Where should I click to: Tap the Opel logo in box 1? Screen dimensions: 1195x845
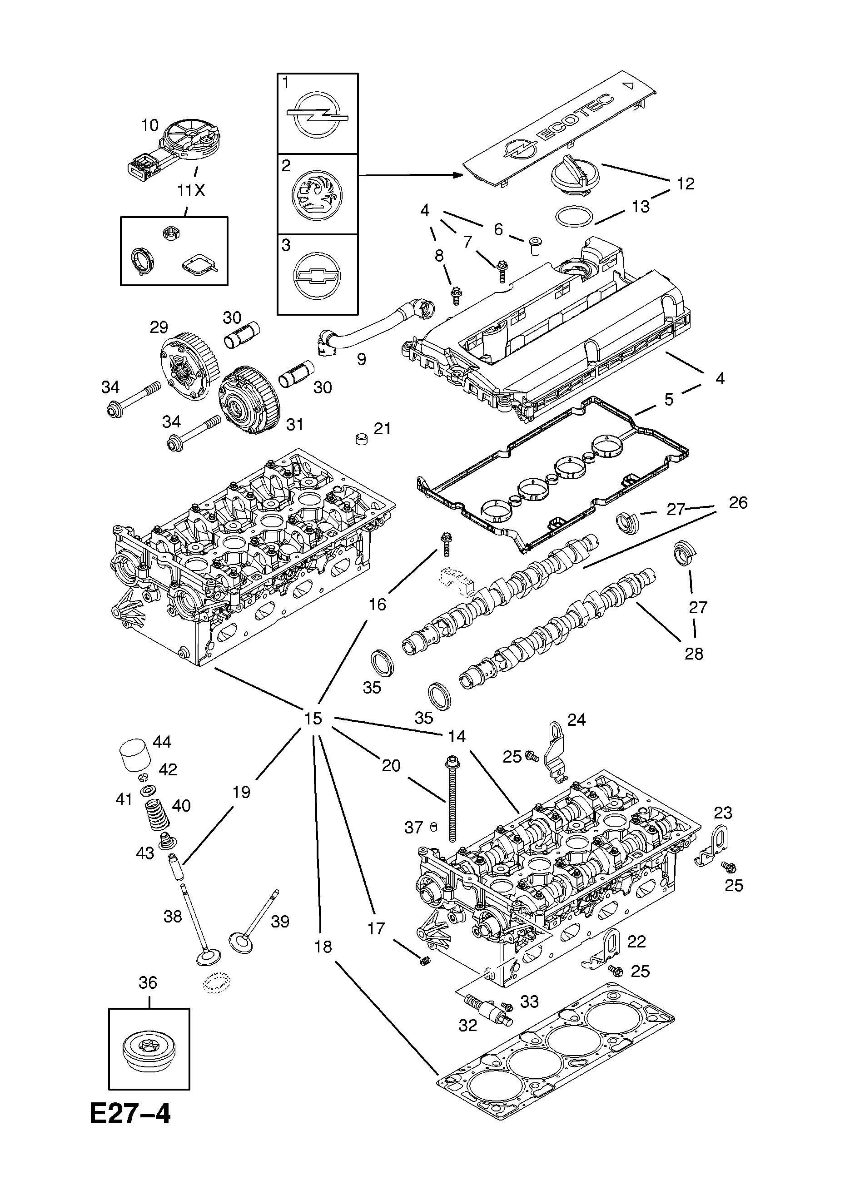(318, 114)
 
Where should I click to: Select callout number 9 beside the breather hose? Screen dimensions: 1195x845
(361, 359)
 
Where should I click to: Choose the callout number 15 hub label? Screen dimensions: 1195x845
(313, 719)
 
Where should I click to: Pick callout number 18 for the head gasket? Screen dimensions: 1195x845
(323, 947)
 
